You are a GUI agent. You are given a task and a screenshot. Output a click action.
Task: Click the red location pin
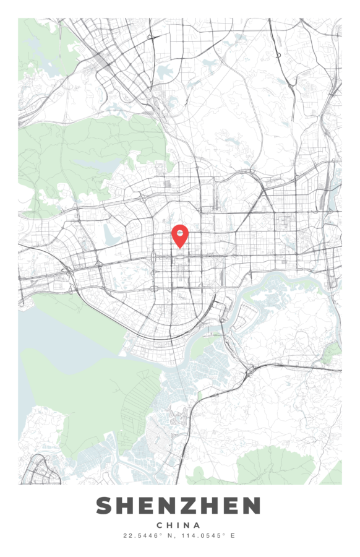179,236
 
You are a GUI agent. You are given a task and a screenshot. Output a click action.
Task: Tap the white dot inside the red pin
179,233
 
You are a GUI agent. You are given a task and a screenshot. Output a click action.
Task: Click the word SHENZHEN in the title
178,506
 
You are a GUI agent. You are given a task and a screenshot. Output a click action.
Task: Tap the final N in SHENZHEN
251,506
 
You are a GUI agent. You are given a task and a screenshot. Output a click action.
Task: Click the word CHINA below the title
179,525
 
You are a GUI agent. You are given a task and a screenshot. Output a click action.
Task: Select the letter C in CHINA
160,525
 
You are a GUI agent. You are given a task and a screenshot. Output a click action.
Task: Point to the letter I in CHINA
180,525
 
